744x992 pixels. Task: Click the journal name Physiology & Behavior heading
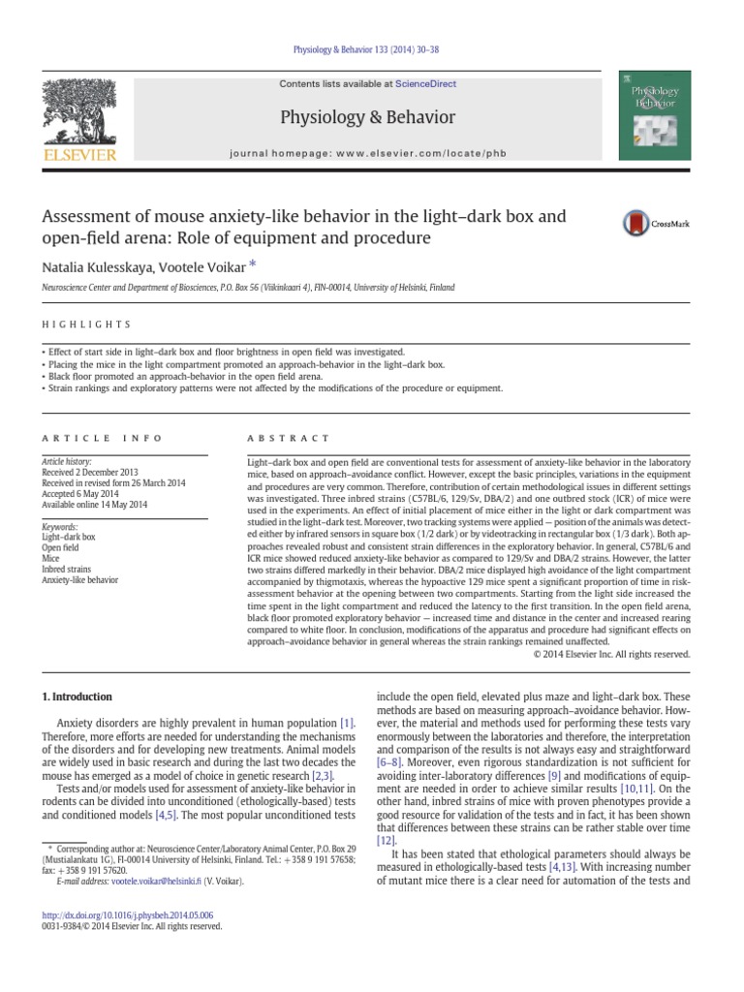(367, 117)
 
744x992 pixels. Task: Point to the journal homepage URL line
(367, 154)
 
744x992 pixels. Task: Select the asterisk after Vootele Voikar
(253, 263)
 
